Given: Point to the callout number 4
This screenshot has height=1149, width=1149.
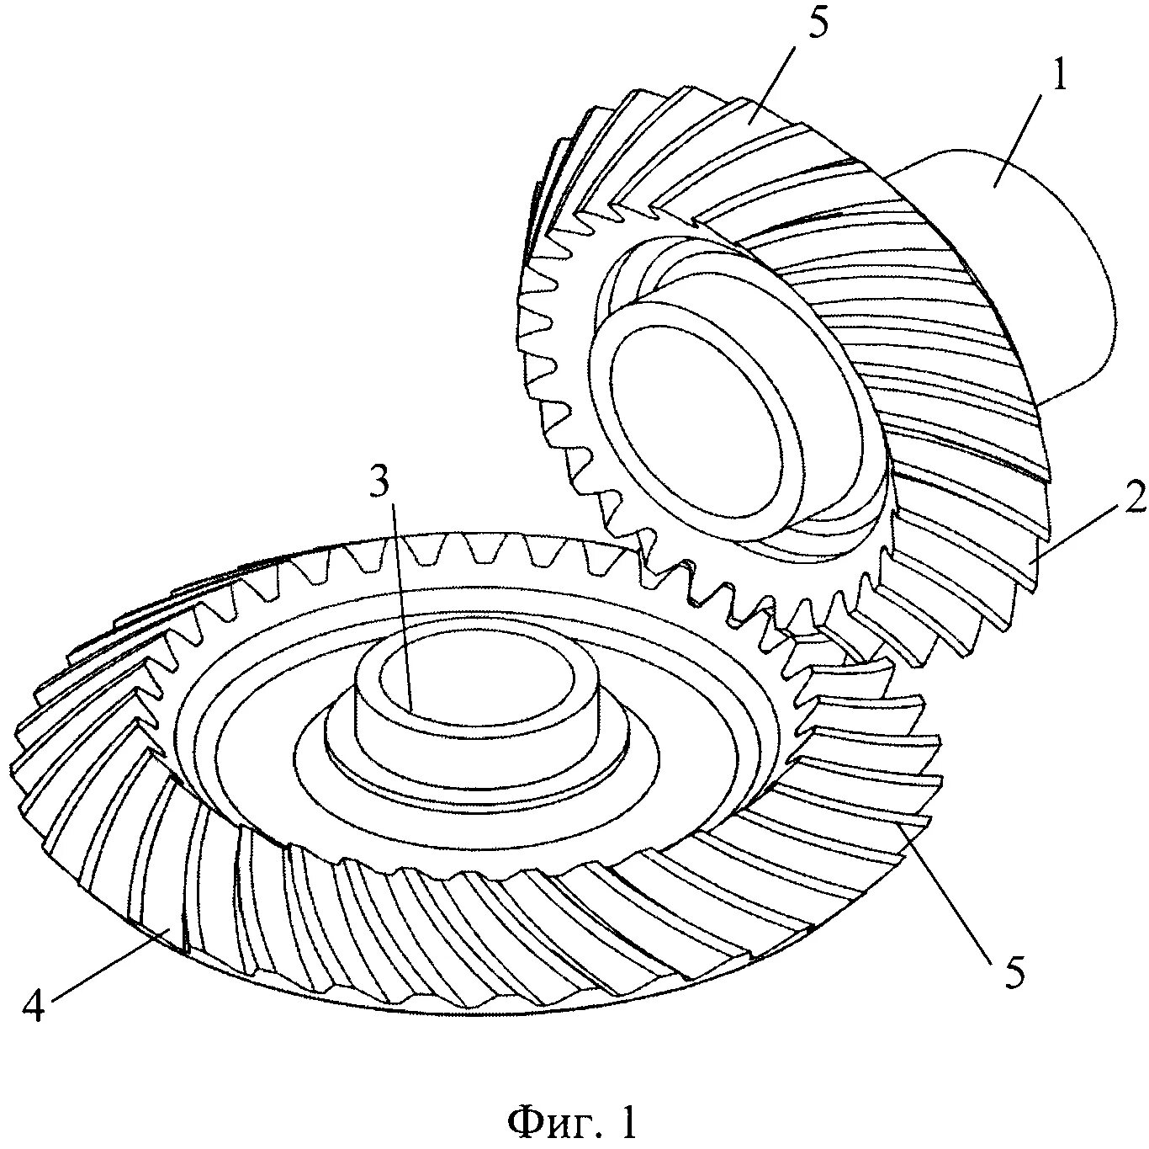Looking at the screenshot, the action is point(33,1005).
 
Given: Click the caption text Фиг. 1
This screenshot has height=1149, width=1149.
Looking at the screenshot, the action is point(574,1122).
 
